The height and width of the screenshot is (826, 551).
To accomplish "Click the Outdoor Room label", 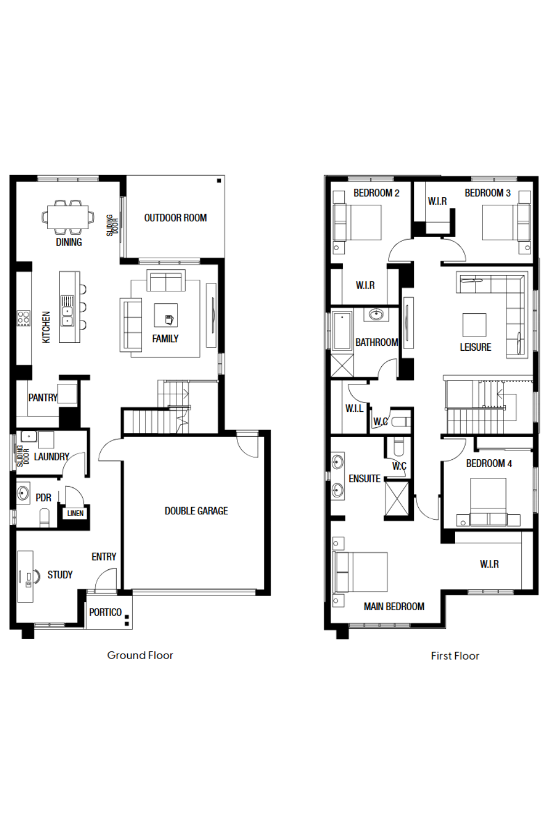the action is pos(175,218).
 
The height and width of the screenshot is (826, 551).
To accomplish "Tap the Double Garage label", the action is pos(196,510).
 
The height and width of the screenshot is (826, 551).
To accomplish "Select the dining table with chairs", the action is pos(68,217).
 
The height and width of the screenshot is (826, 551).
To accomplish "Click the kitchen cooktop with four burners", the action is pos(23,319).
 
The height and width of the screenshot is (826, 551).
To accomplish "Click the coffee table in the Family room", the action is pos(166,316).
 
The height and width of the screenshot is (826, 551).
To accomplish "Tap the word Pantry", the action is pos(43,398).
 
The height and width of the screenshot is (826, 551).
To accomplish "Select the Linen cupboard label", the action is pos(75,513).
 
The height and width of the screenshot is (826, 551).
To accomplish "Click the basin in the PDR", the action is pos(23,493).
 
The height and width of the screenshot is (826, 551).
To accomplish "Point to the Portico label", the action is pos(105,612).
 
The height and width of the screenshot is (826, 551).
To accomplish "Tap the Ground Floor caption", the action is pos(140,655).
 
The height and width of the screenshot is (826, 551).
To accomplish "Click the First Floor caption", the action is pos(455,656).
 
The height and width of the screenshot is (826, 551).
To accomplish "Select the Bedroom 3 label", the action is pos(488,193).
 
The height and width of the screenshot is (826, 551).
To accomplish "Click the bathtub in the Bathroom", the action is pos(342,331).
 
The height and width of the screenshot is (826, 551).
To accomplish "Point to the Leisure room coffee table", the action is pos(474,325).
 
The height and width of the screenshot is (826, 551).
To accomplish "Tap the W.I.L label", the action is pos(354,408).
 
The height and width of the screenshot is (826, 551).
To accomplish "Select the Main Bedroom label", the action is pos(394,607).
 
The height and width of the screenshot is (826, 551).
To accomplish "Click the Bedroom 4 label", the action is pos(489,464).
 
